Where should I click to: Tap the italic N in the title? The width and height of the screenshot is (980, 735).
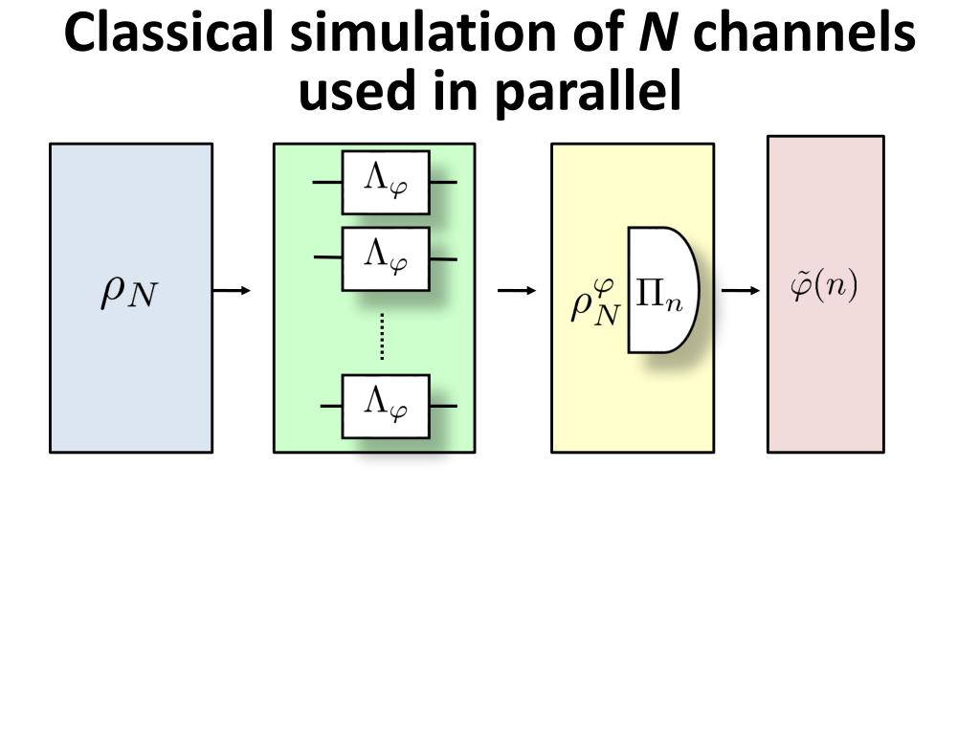(657, 34)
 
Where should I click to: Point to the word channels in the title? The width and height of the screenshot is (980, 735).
(805, 34)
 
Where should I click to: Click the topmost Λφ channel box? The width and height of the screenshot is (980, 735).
(386, 182)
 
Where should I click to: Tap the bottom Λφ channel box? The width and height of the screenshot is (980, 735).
(386, 406)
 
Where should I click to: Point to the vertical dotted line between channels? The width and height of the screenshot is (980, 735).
(382, 336)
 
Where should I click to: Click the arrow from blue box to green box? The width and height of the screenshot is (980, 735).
(232, 290)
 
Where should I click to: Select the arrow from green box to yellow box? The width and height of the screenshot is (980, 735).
(517, 290)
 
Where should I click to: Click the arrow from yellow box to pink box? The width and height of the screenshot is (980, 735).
(740, 290)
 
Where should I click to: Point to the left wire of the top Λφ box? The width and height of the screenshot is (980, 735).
(328, 182)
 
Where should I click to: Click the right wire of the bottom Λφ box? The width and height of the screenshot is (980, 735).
(443, 406)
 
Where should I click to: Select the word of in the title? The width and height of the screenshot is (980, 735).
(590, 34)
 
